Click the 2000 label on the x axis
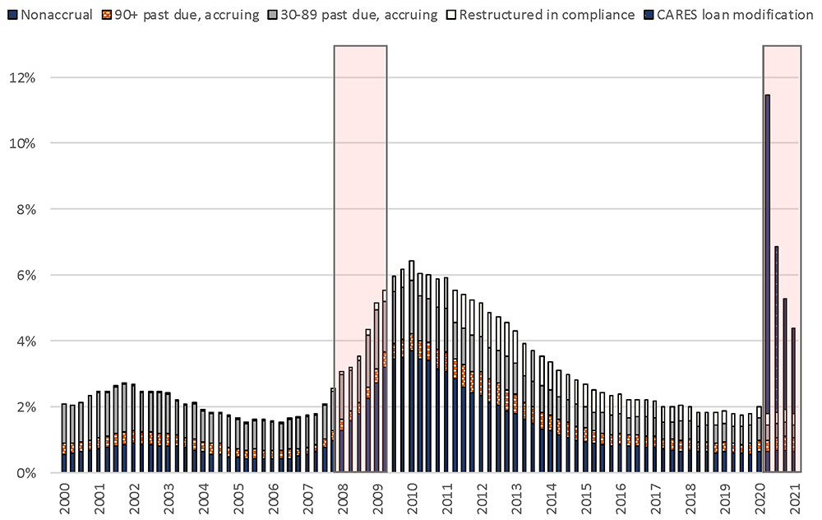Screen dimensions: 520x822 (64, 499)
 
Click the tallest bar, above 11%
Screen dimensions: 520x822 (767, 247)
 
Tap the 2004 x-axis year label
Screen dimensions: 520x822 (203, 499)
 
